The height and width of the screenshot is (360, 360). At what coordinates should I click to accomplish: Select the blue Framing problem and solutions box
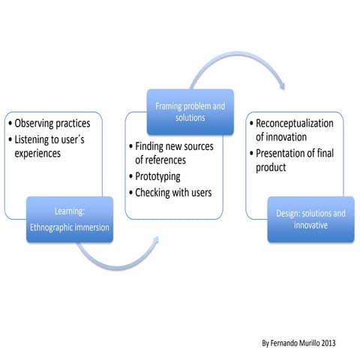(x=190, y=112)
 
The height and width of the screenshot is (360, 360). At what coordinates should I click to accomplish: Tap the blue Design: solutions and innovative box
(x=307, y=219)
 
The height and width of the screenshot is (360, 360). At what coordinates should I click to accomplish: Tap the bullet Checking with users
(x=173, y=193)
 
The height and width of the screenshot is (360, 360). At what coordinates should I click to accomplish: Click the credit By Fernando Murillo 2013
(x=299, y=342)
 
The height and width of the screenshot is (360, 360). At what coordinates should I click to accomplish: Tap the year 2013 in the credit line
(x=328, y=342)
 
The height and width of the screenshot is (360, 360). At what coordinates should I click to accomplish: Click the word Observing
(x=34, y=123)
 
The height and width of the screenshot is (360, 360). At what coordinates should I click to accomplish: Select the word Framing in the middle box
(x=169, y=106)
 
